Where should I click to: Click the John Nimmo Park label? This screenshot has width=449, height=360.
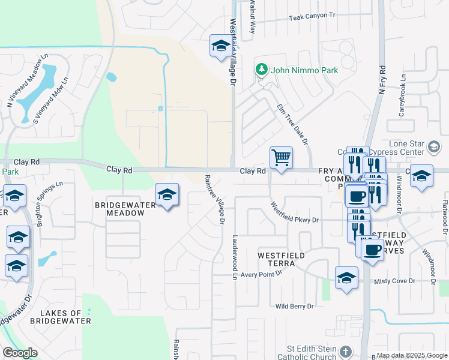(304, 70)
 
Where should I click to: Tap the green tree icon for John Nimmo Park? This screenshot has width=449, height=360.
(262, 70)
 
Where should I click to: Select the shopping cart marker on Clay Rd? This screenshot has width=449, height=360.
(281, 158)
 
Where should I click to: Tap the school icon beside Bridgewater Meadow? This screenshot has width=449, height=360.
(167, 194)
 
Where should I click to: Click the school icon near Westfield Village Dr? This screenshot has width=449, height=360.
(221, 45)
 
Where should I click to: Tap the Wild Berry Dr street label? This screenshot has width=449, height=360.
(294, 306)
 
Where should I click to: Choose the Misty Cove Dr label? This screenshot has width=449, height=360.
(394, 281)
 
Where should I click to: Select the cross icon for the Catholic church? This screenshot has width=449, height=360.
(345, 351)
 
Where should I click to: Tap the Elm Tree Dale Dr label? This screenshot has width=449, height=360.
(293, 124)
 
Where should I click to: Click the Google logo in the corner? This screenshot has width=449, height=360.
(20, 352)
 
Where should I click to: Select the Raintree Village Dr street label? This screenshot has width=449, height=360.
(214, 200)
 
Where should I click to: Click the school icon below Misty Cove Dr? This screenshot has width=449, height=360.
(346, 278)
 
